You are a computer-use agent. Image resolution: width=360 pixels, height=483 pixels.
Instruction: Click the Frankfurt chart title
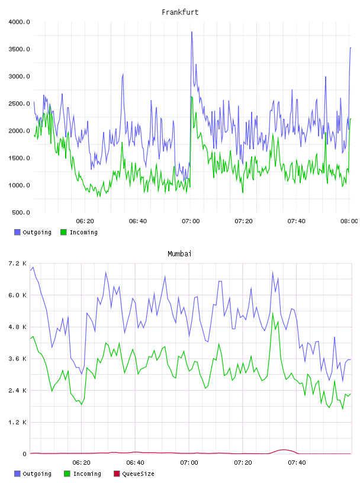coord(180,12)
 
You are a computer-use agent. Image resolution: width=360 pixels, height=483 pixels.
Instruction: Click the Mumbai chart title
coord(179,254)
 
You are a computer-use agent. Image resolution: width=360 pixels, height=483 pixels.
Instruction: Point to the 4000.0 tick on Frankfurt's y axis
coord(19,22)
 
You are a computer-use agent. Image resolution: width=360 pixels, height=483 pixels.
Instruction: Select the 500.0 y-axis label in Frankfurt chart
coord(21,212)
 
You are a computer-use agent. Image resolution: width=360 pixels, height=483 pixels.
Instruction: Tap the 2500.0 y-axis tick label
coord(19,104)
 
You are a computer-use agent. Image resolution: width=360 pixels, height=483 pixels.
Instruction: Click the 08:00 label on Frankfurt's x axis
coord(349,221)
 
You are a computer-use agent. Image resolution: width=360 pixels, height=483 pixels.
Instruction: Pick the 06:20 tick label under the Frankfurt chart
coord(85,221)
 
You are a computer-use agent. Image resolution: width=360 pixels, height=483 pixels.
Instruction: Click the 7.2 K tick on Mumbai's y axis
coord(18,263)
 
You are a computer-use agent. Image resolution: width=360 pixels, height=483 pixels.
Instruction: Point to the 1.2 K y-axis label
coord(18,422)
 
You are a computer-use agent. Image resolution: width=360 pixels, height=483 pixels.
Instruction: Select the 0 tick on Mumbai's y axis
coord(25,454)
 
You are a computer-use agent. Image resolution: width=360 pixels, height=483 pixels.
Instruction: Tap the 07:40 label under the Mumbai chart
coord(297,463)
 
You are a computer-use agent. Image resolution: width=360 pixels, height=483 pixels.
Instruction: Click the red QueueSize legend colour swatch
coord(117,474)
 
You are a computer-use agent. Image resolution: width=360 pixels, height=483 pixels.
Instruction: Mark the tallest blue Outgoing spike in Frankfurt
coord(192,32)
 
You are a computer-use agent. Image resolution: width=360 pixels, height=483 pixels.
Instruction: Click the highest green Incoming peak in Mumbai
coord(273,314)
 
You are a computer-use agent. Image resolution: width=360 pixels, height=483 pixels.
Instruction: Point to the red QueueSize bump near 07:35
coord(284,450)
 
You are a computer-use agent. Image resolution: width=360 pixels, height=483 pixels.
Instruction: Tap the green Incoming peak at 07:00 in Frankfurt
coord(191,96)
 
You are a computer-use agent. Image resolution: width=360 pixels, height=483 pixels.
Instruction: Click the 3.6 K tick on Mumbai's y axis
coord(18,359)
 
